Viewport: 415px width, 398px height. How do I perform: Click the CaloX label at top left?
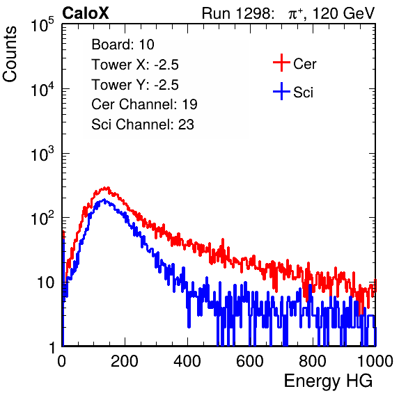coord(86,13)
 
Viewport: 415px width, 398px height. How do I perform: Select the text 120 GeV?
coord(343,14)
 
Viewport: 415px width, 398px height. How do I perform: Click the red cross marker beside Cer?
coord(281,63)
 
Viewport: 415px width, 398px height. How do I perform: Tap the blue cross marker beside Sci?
coord(281,92)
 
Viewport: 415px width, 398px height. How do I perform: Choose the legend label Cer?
coord(304,64)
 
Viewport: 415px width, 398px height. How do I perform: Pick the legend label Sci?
coord(304,93)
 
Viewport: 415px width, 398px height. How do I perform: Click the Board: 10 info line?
coord(123,45)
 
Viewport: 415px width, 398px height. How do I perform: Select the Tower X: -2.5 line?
coord(135,65)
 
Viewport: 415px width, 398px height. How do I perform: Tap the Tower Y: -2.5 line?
coord(135,85)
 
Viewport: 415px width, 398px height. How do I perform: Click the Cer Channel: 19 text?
coord(144,104)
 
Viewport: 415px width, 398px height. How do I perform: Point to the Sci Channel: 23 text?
coord(143,125)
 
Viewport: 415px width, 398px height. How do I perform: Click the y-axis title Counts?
coord(10,54)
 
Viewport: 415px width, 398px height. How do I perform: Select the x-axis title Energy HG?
coord(329,381)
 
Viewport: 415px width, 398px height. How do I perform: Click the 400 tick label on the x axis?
coord(187,361)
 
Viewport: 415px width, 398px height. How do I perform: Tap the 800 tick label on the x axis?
coord(313,361)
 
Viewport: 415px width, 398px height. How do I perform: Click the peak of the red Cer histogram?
coord(106,188)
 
